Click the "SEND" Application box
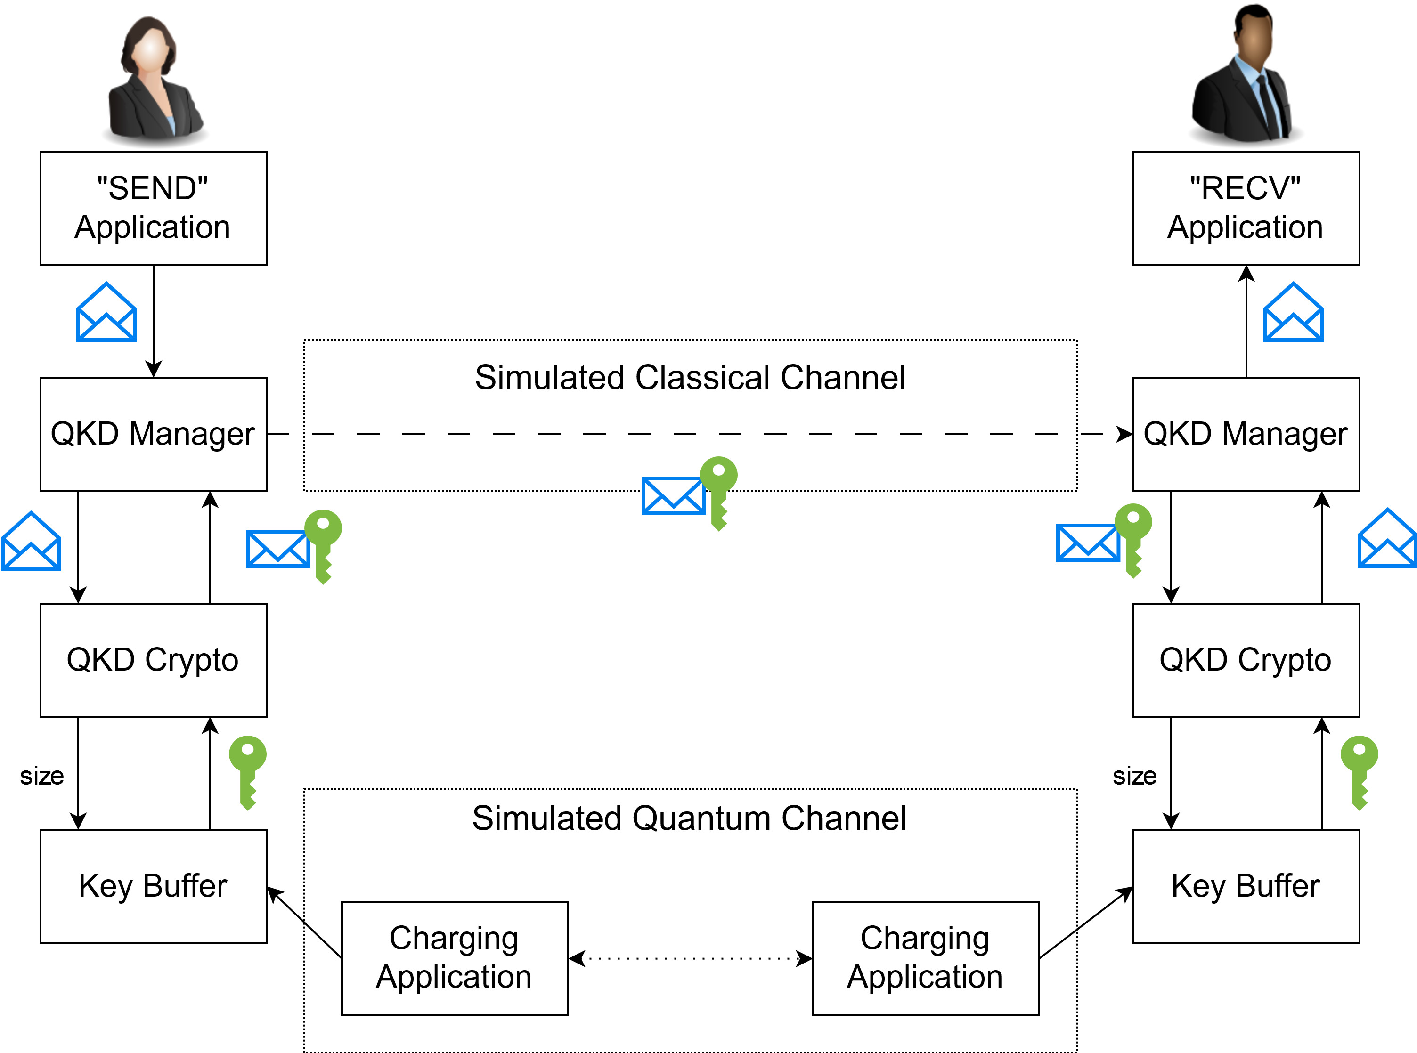[x=153, y=208]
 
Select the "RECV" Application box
[x=1246, y=208]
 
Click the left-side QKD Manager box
[x=153, y=434]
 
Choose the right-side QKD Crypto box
[x=1246, y=660]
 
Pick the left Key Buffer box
[x=153, y=886]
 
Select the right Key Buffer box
[x=1246, y=886]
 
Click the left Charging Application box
[x=455, y=958]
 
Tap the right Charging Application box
[x=926, y=958]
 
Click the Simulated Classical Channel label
[x=690, y=377]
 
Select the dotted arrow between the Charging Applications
[x=690, y=958]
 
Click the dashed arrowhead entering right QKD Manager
[x=1124, y=434]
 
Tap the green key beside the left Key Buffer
[x=248, y=771]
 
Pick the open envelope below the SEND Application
[x=106, y=312]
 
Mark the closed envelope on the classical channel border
[x=673, y=495]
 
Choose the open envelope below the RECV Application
[x=1293, y=312]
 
